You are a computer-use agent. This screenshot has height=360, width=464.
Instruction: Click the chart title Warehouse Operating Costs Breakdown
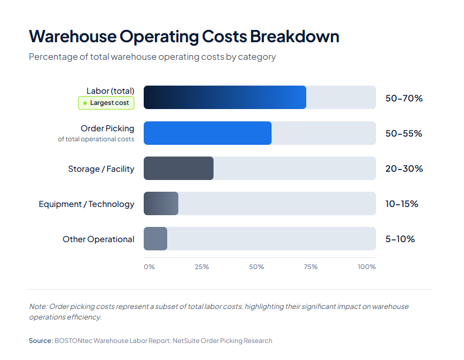[184, 36]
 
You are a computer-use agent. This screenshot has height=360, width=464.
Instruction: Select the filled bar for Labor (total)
[225, 97]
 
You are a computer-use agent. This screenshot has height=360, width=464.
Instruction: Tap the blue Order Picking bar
[208, 133]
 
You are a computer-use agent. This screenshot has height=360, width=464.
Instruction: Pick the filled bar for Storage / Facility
[178, 168]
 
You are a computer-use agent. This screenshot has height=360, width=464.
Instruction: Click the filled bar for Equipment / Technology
[161, 203]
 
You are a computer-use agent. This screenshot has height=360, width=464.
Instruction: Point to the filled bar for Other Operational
[155, 239]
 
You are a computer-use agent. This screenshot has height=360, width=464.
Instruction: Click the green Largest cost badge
[106, 103]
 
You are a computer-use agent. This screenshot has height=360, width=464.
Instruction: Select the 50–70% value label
[404, 98]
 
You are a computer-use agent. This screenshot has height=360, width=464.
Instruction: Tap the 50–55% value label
[404, 133]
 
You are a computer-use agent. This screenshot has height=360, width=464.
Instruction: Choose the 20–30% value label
[404, 168]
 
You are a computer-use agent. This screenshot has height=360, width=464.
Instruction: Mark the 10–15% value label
[401, 203]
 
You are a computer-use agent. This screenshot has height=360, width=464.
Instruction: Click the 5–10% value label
[399, 239]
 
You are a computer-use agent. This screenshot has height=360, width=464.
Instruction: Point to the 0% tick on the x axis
[149, 267]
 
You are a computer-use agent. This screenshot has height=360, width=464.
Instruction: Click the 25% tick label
[202, 267]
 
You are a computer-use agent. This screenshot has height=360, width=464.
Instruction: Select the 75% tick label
[310, 267]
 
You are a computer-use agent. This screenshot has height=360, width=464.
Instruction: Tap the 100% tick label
[367, 267]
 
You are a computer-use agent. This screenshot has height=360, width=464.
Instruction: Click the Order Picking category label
[107, 128]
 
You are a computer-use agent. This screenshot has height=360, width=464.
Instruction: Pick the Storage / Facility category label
[101, 169]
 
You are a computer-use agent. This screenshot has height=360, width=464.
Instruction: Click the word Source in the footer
[40, 341]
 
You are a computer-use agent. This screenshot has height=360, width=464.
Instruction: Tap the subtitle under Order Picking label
[96, 140]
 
